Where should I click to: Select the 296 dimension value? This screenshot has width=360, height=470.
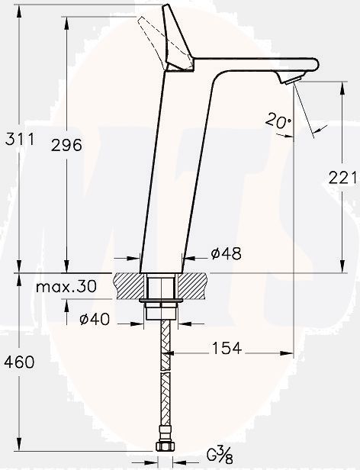click(88, 146)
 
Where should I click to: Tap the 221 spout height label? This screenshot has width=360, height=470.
click(342, 178)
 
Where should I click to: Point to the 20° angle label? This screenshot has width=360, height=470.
click(278, 120)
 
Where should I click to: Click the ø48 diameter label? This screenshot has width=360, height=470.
click(226, 254)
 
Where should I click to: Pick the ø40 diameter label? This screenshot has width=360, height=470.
click(95, 320)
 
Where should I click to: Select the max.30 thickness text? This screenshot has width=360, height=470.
click(66, 287)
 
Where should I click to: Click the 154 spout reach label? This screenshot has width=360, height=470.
click(227, 349)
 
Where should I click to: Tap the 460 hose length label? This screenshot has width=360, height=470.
click(20, 362)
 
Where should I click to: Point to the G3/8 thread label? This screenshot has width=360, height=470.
click(220, 456)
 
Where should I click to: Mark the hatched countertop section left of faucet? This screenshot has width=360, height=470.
click(128, 286)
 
